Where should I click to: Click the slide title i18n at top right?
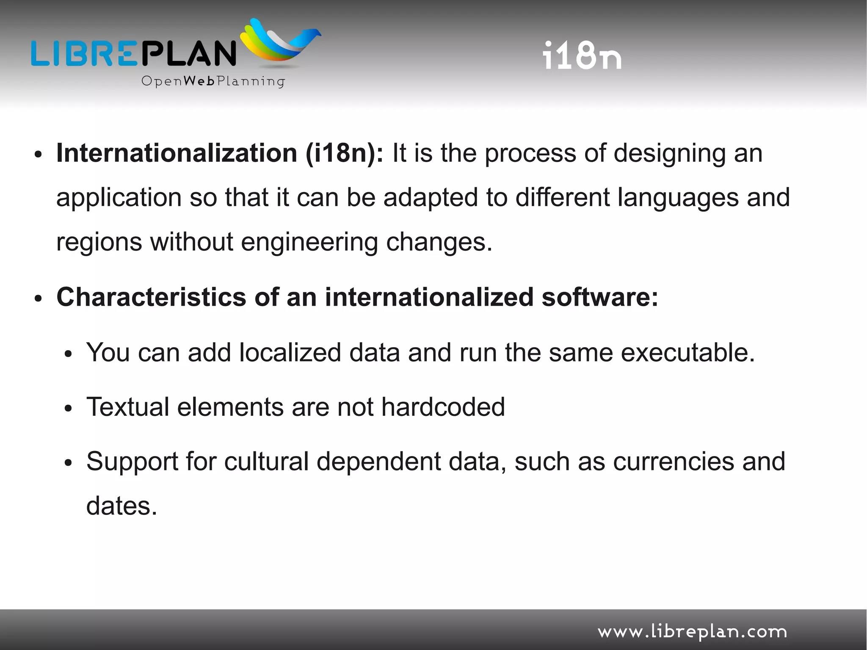click(x=582, y=55)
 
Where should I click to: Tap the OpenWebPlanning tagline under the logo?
click(x=213, y=81)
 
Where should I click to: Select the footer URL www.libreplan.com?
click(x=692, y=631)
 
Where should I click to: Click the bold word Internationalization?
click(x=177, y=153)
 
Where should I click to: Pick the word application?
click(x=119, y=198)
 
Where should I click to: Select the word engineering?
click(x=309, y=243)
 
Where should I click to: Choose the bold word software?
click(x=600, y=297)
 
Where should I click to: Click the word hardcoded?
click(x=443, y=407)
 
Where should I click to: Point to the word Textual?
click(x=128, y=407)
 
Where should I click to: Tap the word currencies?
click(x=674, y=461)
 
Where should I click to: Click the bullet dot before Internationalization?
click(x=38, y=155)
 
